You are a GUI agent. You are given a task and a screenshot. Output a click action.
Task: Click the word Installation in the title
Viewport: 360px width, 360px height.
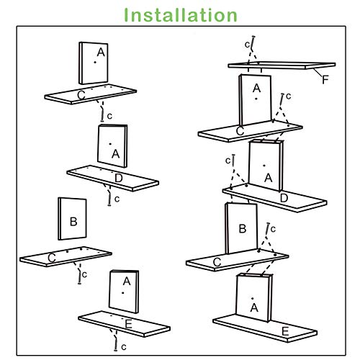pos(181,15)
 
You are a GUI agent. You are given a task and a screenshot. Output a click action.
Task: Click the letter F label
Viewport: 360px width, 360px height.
pos(325,80)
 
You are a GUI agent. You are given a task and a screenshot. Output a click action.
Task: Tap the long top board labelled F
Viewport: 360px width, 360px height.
pos(282,65)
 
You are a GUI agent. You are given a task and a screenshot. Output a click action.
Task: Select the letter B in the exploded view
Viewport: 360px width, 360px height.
pos(73,221)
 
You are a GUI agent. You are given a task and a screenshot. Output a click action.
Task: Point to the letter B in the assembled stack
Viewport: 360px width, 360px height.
pos(243,228)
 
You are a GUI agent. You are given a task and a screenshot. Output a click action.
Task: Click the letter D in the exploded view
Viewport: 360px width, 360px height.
pos(119,178)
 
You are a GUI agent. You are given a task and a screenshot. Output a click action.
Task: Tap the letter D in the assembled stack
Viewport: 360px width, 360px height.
pos(284,198)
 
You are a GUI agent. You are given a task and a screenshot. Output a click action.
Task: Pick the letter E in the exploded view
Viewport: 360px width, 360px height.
pos(129,324)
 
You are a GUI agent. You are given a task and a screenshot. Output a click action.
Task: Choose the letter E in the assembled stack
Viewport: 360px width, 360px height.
pos(285,332)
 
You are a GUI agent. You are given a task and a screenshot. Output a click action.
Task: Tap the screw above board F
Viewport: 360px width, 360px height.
pos(253,43)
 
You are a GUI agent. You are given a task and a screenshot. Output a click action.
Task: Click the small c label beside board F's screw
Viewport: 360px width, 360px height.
pos(247,45)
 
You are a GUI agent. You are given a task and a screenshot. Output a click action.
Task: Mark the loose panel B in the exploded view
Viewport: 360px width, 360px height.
pos(72,219)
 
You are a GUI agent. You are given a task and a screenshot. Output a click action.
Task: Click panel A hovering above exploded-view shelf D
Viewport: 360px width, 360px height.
pos(112,146)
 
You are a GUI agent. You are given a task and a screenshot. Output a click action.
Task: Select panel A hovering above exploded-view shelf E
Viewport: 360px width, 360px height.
pos(124,292)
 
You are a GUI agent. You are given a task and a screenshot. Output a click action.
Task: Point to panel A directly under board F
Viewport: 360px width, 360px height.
pos(255,99)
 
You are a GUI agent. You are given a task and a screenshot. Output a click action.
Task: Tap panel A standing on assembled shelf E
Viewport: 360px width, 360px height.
pos(254,298)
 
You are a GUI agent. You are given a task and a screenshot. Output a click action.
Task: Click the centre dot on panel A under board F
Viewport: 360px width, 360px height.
pos(256,99)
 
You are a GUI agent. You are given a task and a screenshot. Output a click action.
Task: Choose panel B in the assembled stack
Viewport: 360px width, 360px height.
pos(241,228)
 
